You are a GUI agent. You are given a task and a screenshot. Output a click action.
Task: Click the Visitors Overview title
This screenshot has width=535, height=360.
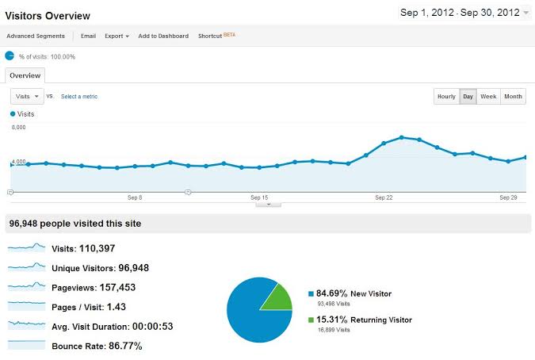pyautogui.click(x=48, y=16)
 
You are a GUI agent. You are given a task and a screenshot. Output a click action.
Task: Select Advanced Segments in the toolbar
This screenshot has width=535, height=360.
pyautogui.click(x=36, y=36)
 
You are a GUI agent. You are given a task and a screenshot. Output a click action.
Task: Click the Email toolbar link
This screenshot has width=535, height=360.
pyautogui.click(x=88, y=36)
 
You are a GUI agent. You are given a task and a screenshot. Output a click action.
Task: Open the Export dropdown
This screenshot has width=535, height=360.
pyautogui.click(x=117, y=36)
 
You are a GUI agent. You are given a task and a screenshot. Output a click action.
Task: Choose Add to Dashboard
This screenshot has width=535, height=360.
pyautogui.click(x=163, y=36)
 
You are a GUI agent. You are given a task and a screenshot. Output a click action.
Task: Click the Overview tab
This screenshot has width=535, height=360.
pyautogui.click(x=25, y=75)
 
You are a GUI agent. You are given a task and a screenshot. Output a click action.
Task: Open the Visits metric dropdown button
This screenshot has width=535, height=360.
pyautogui.click(x=26, y=96)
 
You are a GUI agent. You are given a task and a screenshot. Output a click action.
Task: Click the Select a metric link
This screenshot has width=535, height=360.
pyautogui.click(x=79, y=97)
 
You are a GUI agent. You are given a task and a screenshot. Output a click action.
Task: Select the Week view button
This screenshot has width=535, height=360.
pyautogui.click(x=488, y=97)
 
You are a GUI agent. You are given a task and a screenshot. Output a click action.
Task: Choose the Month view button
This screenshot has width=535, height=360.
pyautogui.click(x=513, y=97)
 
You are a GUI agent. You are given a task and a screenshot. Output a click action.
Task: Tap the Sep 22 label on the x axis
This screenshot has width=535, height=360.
pyautogui.click(x=384, y=197)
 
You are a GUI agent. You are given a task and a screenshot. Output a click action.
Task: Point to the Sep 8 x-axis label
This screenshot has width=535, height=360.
pyautogui.click(x=135, y=197)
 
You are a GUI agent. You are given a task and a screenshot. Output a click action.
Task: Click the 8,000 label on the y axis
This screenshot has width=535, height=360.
pyautogui.click(x=19, y=127)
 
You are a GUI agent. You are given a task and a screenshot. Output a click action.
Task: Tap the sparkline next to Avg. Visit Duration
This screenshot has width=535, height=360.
pyautogui.click(x=26, y=325)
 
